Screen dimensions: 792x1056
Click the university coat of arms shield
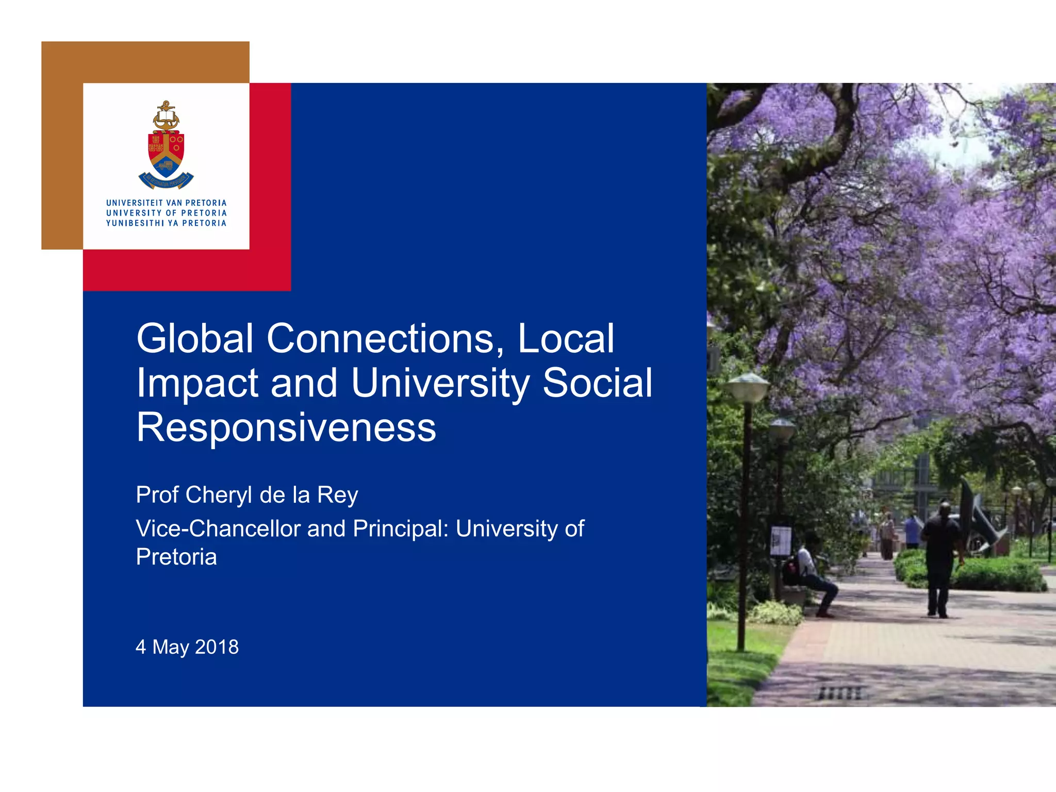pos(166,155)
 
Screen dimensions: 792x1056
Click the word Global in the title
pos(195,339)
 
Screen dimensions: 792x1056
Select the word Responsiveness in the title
pos(286,427)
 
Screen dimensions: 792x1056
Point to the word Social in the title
pos(598,383)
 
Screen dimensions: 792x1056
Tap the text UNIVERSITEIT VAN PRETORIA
pos(166,203)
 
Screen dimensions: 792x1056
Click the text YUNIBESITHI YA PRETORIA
pos(166,223)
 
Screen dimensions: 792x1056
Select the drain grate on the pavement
pos(840,693)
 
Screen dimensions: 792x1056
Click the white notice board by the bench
pos(781,540)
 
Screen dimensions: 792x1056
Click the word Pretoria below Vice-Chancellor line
pos(176,557)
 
